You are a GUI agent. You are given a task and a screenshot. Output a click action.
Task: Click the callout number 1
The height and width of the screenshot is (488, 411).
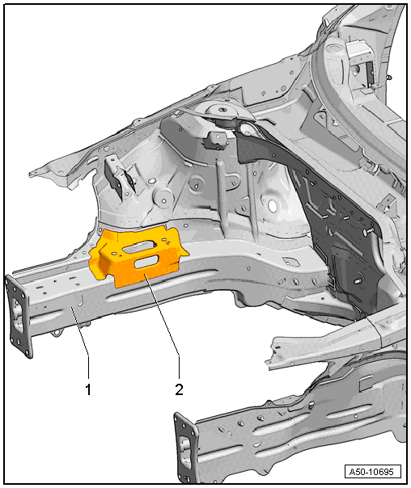[88, 389]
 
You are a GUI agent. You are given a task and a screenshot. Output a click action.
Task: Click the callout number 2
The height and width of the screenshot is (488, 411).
[179, 389]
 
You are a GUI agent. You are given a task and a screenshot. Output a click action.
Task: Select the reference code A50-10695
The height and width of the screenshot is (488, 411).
[372, 472]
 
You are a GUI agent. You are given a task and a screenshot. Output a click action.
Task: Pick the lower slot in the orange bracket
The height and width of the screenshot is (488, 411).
[146, 262]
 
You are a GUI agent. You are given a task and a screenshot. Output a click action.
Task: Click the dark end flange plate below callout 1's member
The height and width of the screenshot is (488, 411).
[19, 316]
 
